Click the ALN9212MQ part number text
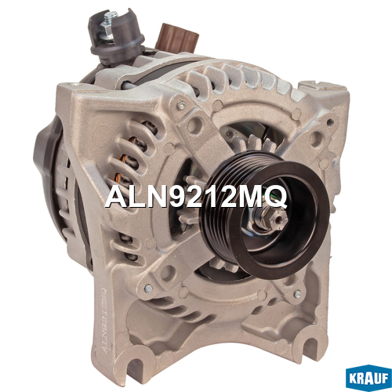coord(196,197)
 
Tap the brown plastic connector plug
coord(177,38)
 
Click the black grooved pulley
coord(264,214)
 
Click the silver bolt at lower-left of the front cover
coord(148,289)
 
